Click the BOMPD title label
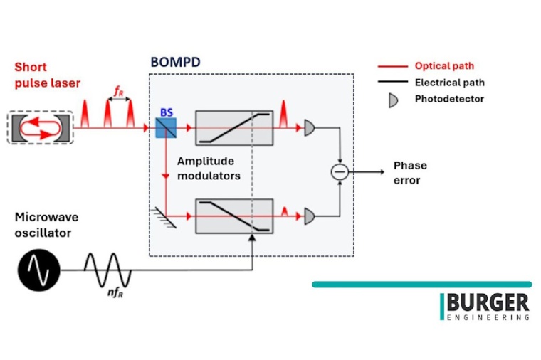(174, 62)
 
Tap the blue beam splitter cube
(164, 127)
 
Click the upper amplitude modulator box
(233, 128)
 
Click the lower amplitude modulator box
(233, 216)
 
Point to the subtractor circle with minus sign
(340, 171)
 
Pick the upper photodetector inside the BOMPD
(310, 128)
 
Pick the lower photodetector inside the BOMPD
(310, 216)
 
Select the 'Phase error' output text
(410, 173)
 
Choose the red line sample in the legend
(392, 66)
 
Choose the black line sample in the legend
(392, 83)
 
